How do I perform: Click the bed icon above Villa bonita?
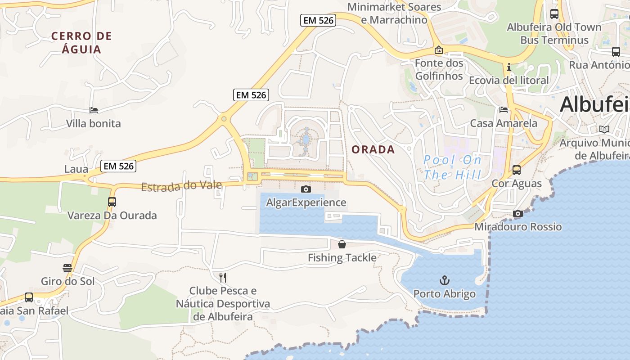(x=94, y=110)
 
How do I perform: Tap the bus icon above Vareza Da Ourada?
(x=112, y=202)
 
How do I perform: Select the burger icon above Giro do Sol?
(x=67, y=268)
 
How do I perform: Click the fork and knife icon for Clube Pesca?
(x=223, y=277)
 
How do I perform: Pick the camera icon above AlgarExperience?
(x=306, y=189)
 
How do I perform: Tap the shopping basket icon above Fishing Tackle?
(x=342, y=244)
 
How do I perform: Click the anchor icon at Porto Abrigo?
(x=445, y=281)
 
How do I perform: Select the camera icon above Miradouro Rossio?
(x=518, y=213)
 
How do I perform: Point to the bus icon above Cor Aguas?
(x=517, y=170)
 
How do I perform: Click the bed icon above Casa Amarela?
(x=504, y=110)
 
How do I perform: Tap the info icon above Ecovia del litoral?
(x=509, y=67)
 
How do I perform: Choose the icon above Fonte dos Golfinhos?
(x=439, y=50)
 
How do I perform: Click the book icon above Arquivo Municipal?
(x=604, y=130)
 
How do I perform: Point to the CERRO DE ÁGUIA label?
(x=81, y=42)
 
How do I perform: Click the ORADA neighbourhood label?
(x=373, y=149)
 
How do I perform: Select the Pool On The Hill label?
(x=452, y=167)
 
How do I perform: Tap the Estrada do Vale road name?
(x=181, y=185)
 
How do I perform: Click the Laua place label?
(x=76, y=169)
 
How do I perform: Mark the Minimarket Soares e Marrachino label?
(x=394, y=13)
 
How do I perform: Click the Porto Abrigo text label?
(x=444, y=294)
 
